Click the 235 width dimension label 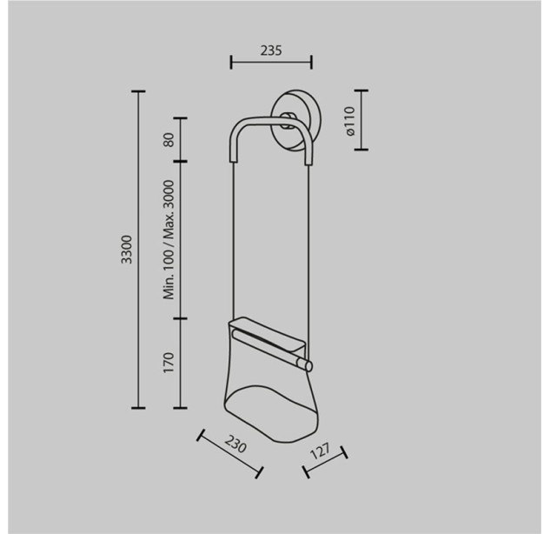271,50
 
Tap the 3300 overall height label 126,250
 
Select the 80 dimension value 169,140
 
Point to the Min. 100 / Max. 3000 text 169,240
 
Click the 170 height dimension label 169,363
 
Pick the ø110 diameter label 349,121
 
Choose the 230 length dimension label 235,444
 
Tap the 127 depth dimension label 321,451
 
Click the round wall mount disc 296,120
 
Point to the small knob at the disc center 288,120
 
